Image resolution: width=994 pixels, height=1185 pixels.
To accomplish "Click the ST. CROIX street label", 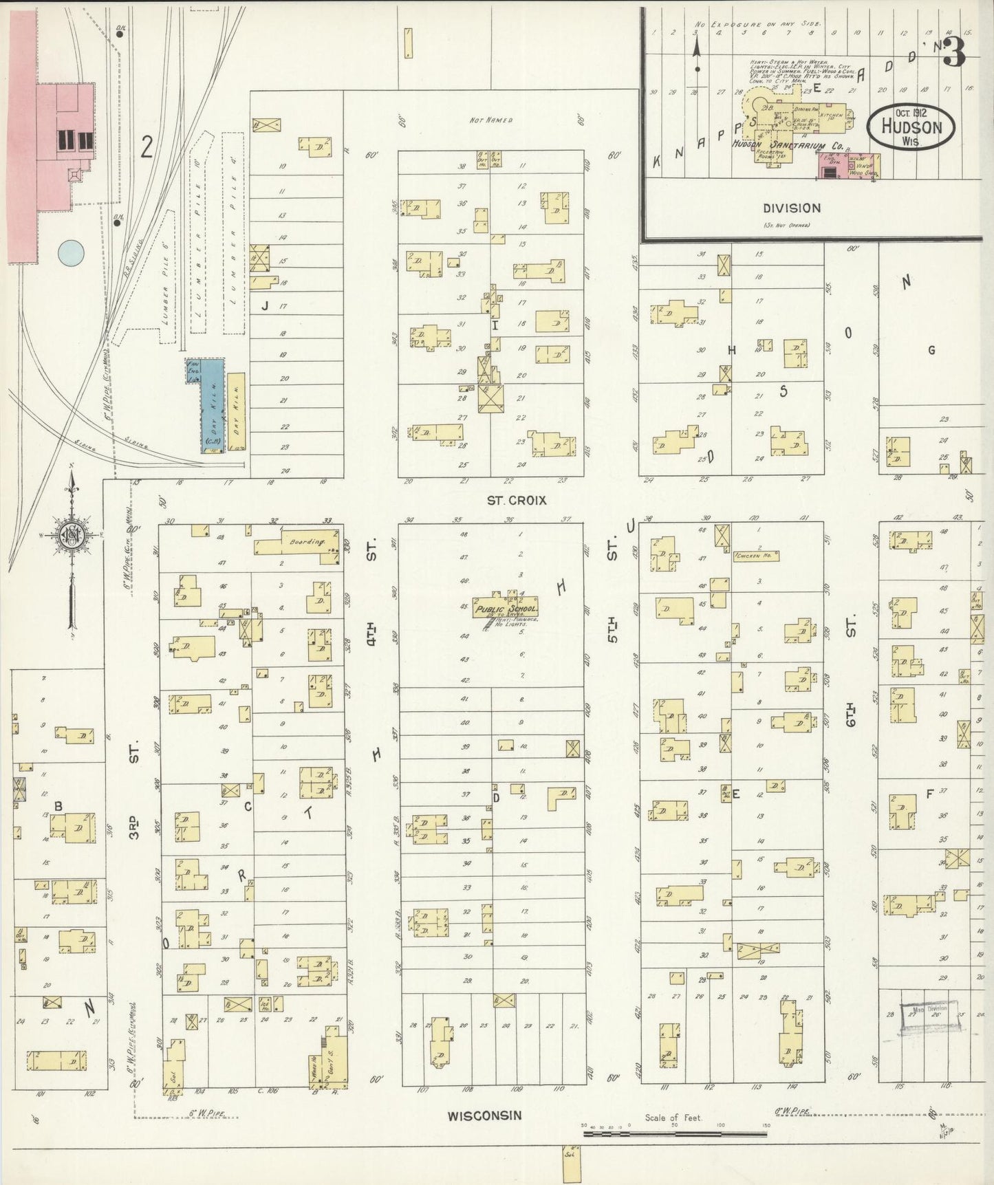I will click(x=517, y=500).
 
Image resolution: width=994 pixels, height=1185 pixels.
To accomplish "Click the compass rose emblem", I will click(x=72, y=537).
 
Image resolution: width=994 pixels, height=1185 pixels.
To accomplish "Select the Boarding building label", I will click(x=306, y=542).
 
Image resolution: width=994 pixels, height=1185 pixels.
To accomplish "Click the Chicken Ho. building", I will click(x=756, y=555).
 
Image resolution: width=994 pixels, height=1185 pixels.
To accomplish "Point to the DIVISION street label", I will click(x=791, y=208).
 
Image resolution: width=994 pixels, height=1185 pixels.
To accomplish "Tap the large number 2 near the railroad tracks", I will click(x=147, y=146).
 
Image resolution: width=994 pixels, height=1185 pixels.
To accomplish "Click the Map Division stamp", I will click(x=929, y=1014).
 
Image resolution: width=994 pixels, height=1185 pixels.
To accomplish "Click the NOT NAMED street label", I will click(x=491, y=120).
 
